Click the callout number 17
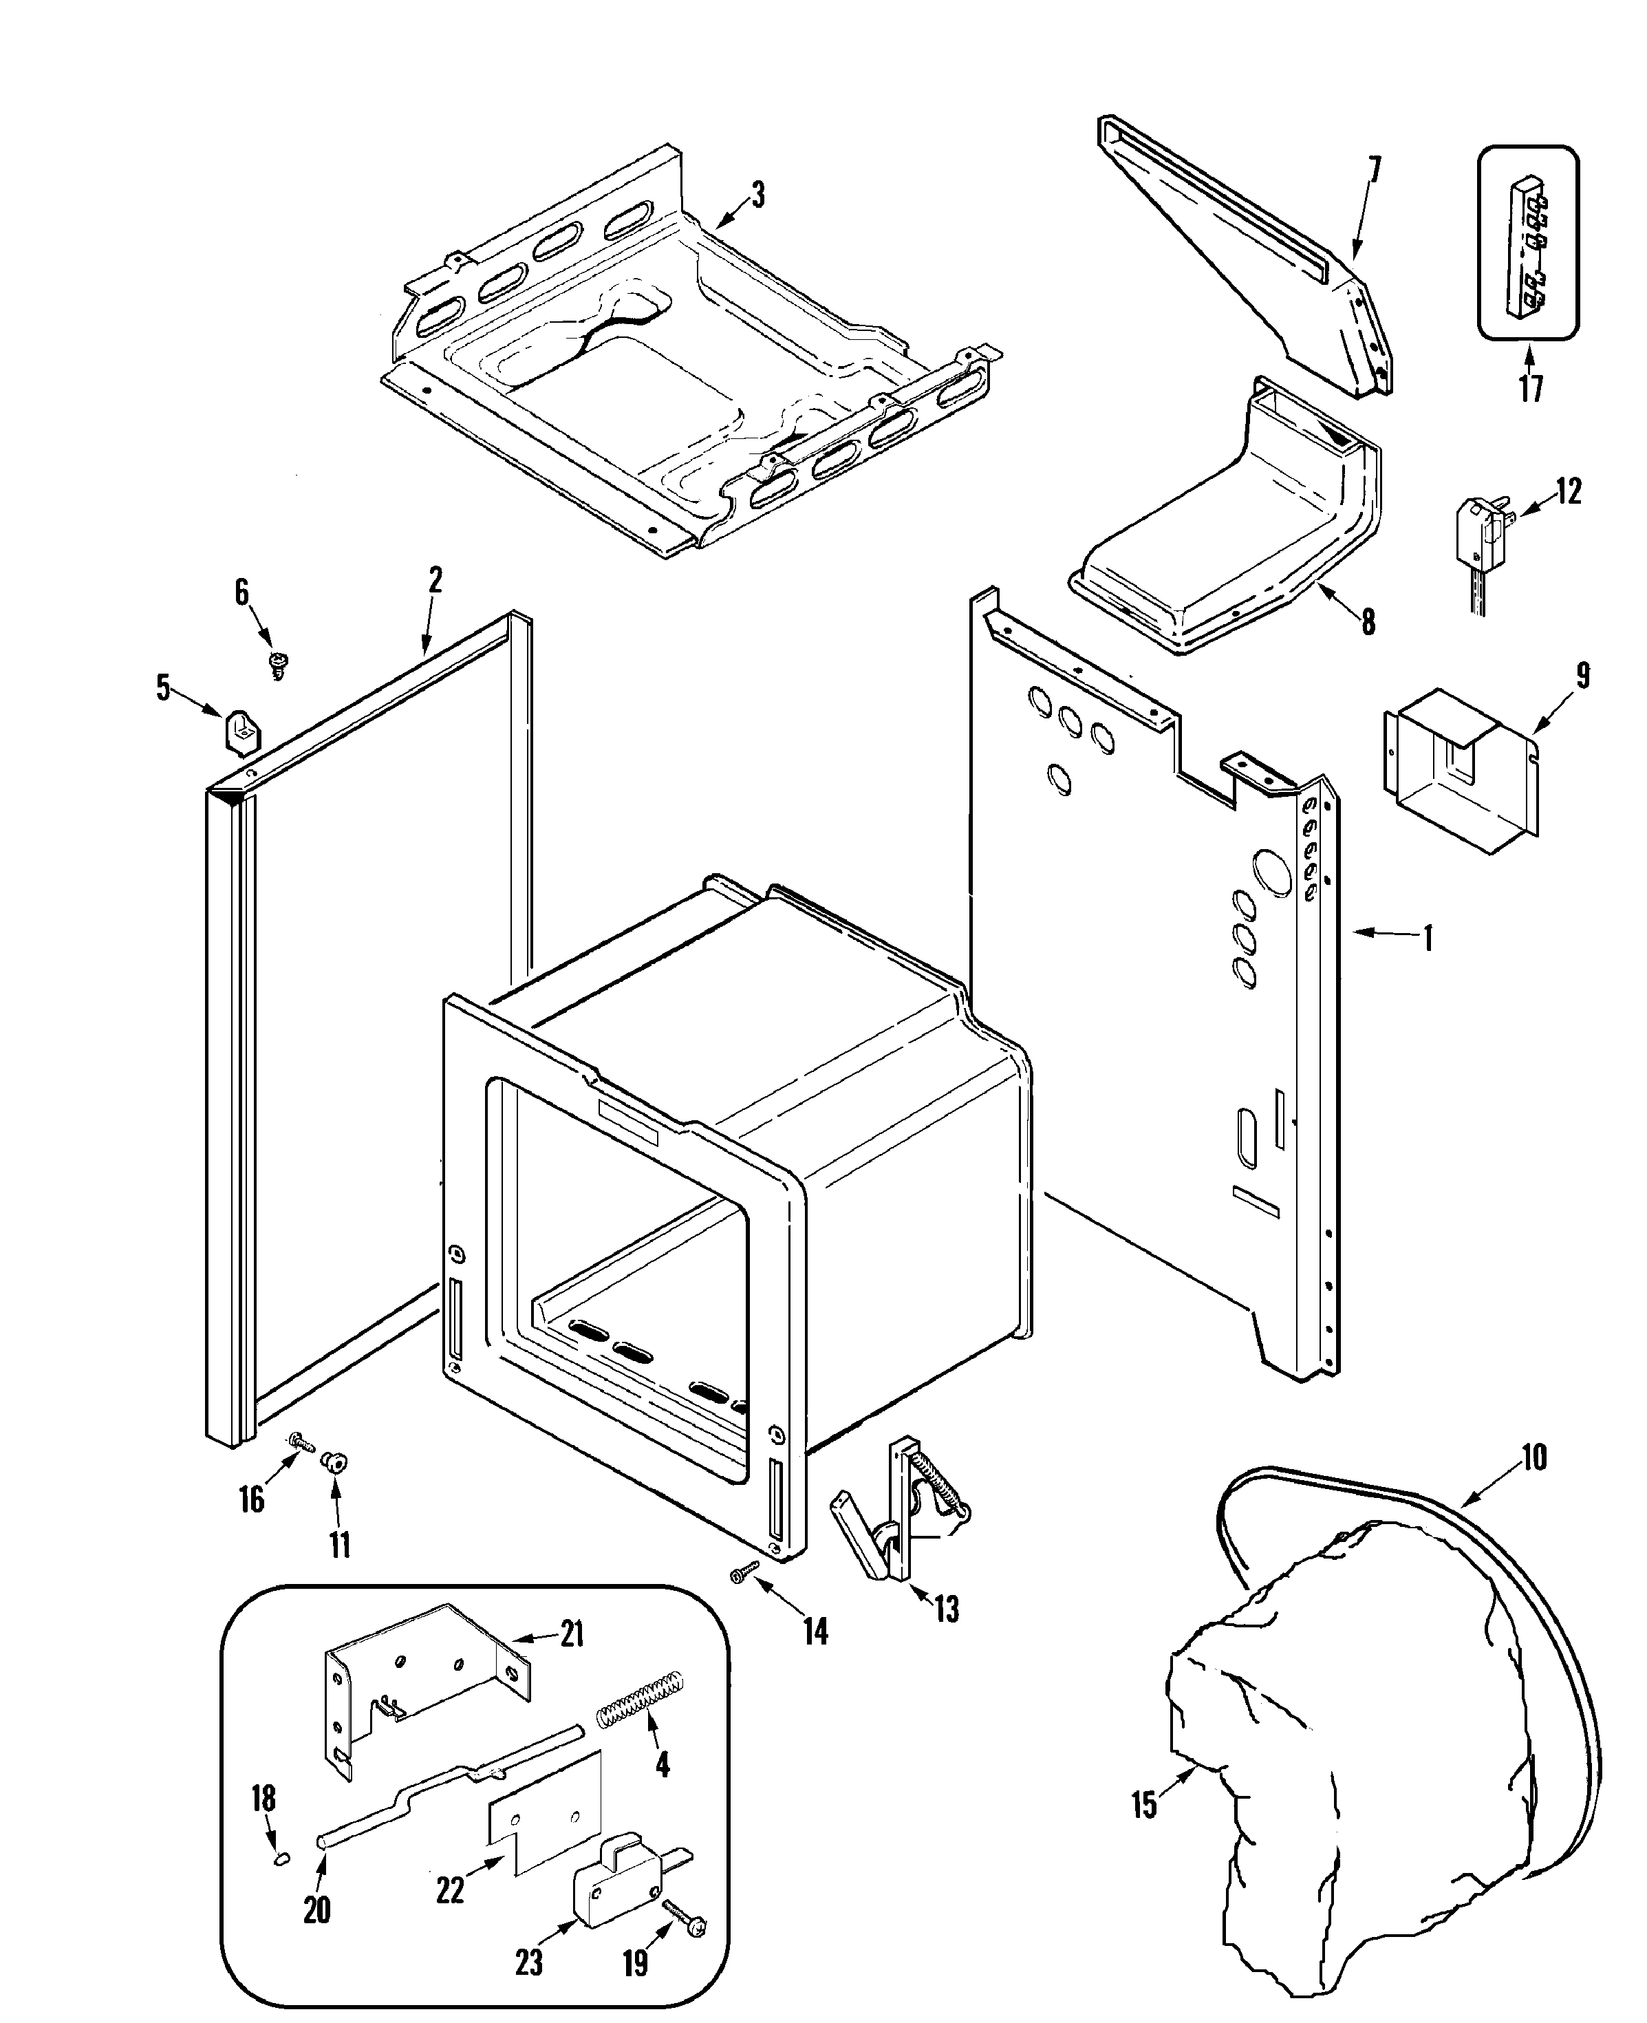pyautogui.click(x=1530, y=387)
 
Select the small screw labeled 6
pyautogui.click(x=279, y=663)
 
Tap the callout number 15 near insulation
pyautogui.click(x=1144, y=1803)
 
